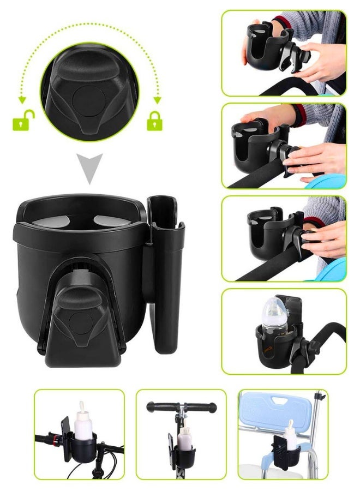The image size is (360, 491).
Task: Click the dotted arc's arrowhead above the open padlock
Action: (x=22, y=99)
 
